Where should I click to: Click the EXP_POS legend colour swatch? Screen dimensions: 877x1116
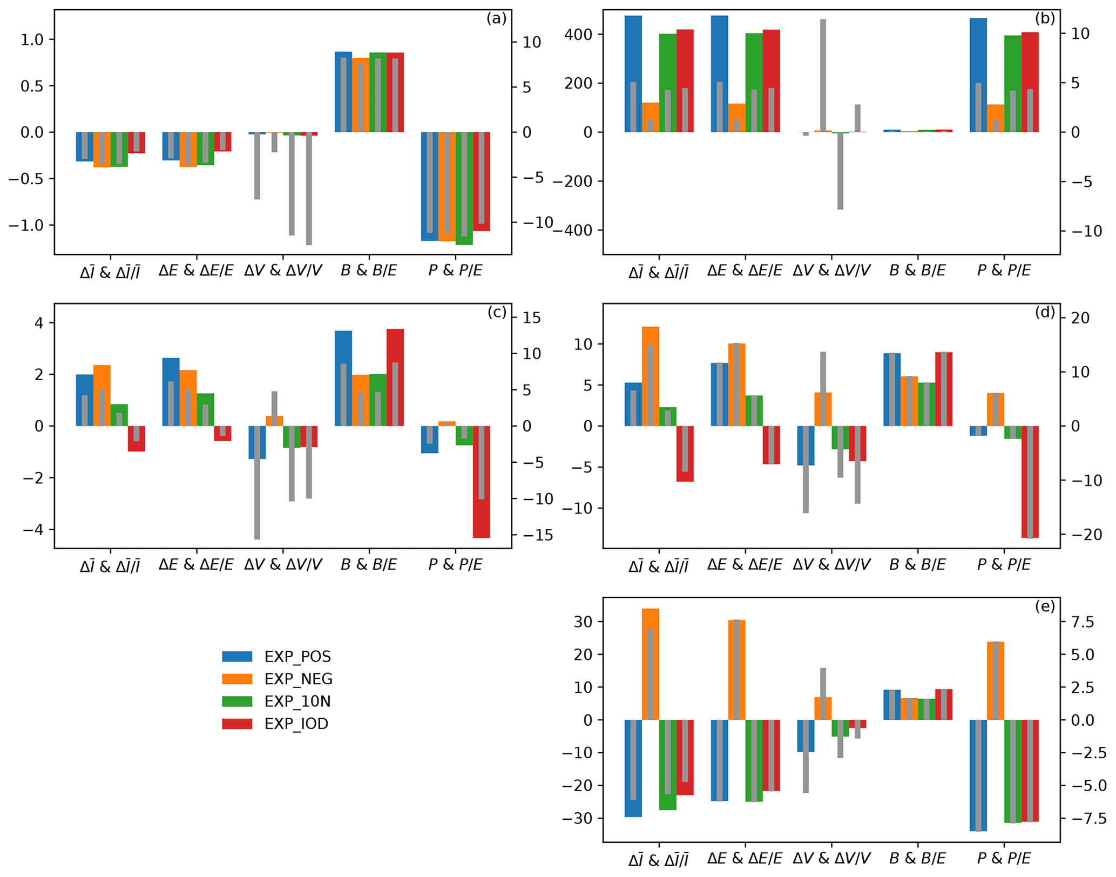(x=237, y=657)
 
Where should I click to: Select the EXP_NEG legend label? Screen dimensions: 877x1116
(x=298, y=679)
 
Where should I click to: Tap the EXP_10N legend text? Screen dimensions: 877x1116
(x=297, y=701)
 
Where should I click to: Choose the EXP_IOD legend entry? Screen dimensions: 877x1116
(x=296, y=724)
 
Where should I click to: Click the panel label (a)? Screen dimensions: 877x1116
(x=496, y=19)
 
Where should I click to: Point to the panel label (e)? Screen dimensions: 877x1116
(x=1045, y=606)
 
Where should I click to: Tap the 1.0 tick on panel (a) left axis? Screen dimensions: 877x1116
(x=32, y=39)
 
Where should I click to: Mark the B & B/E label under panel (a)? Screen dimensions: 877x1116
(x=369, y=271)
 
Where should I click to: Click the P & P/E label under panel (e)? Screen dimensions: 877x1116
(x=1004, y=859)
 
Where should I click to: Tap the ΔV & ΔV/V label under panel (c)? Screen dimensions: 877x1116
(x=283, y=565)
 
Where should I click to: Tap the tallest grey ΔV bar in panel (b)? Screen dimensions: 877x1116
(x=823, y=76)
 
